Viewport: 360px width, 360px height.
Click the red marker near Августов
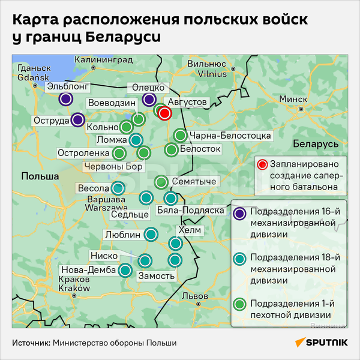click(166, 113)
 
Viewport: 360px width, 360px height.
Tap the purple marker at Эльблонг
click(67, 98)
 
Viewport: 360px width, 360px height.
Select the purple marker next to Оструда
click(77, 119)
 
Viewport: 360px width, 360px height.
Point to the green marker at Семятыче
click(161, 182)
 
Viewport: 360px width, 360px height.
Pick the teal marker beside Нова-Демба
click(125, 270)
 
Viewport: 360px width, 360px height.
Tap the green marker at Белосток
click(171, 149)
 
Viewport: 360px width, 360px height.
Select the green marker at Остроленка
click(118, 153)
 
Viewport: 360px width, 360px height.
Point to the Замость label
click(157, 276)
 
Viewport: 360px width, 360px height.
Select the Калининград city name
click(103, 59)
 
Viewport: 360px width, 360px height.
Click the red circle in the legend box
click(261, 165)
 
